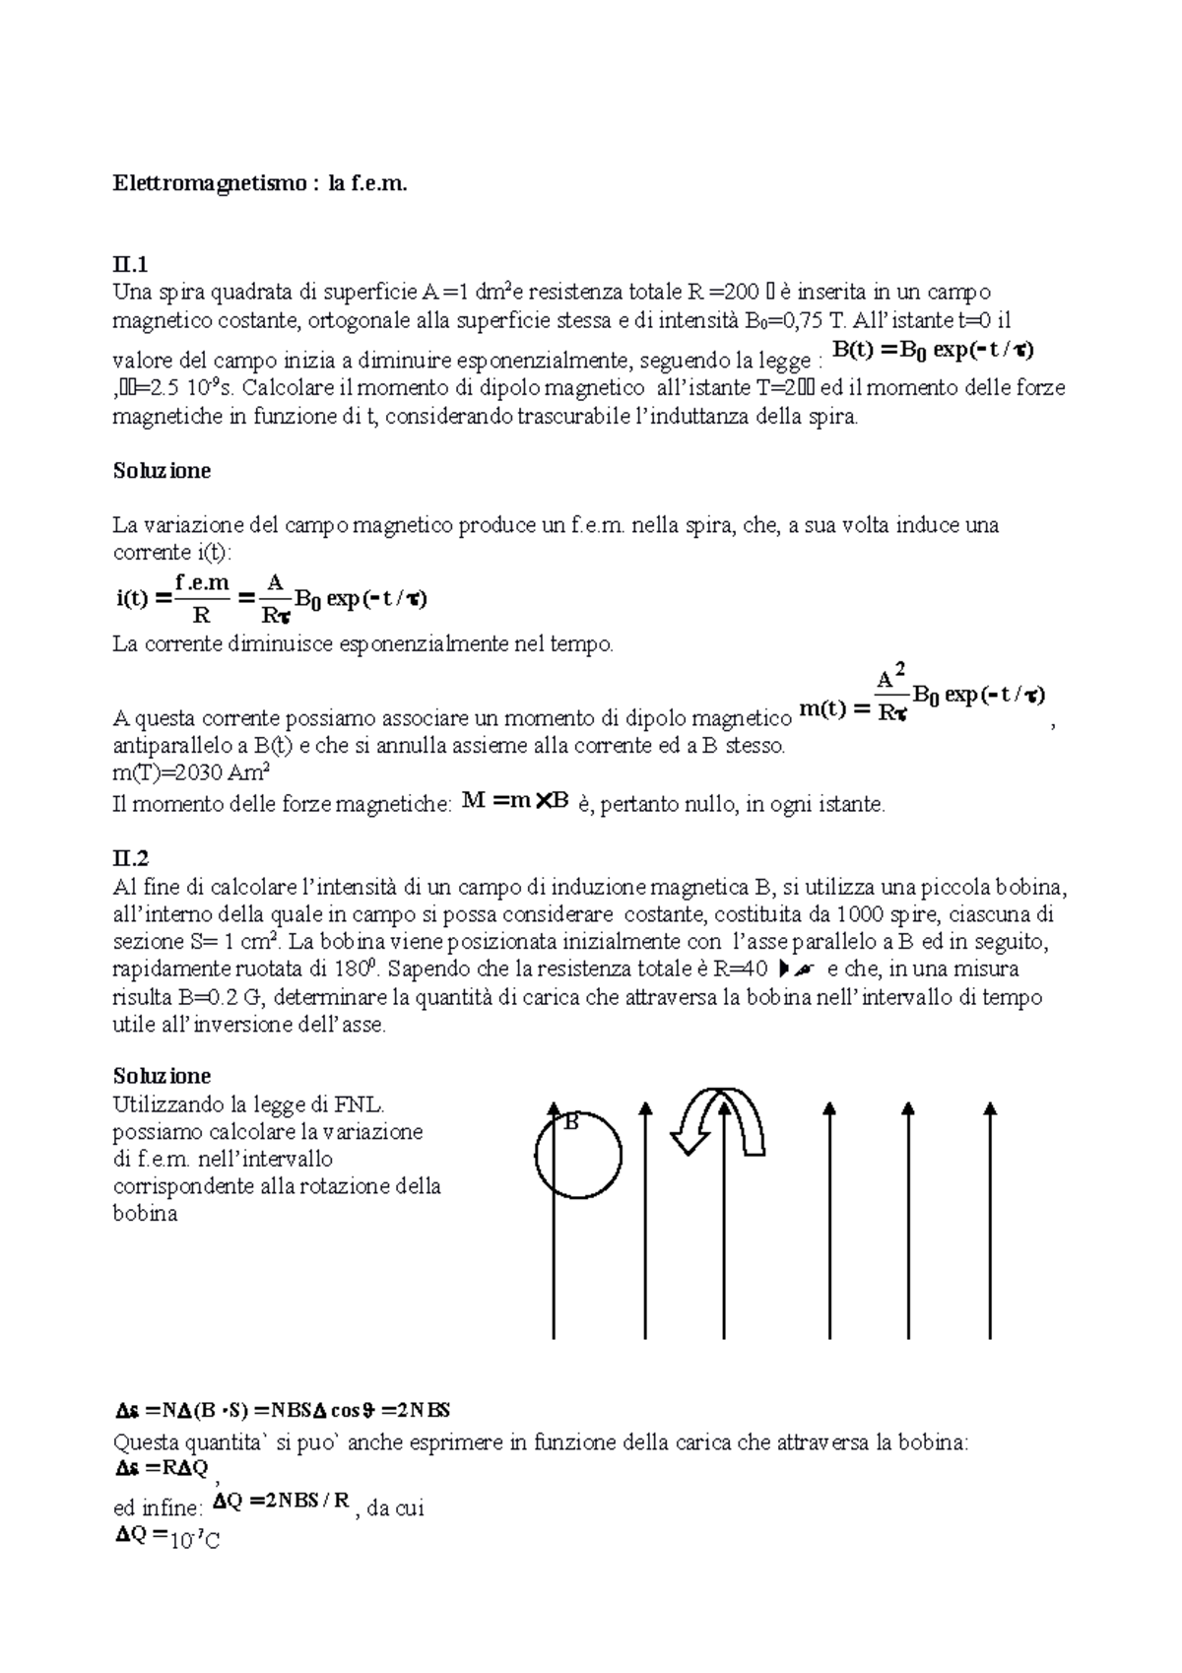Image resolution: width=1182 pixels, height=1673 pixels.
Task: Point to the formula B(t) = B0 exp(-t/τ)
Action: pyautogui.click(x=934, y=351)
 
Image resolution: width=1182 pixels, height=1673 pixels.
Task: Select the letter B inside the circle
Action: pyautogui.click(x=569, y=1121)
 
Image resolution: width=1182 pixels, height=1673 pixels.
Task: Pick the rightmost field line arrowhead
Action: pyautogui.click(x=991, y=1111)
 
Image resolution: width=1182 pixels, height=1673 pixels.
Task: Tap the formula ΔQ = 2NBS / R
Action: pyautogui.click(x=282, y=1502)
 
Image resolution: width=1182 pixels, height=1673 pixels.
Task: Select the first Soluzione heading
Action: pyautogui.click(x=163, y=470)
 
